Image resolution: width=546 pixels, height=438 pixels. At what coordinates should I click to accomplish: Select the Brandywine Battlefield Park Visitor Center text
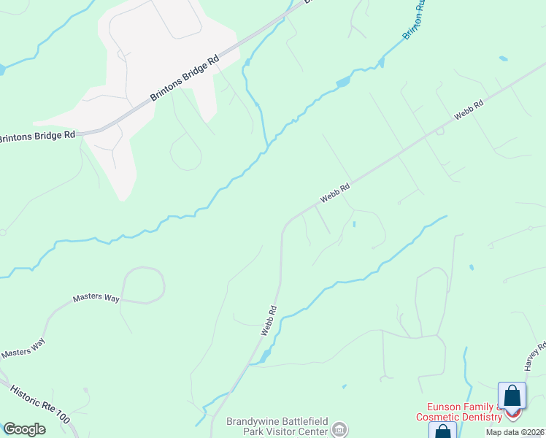pos(277,426)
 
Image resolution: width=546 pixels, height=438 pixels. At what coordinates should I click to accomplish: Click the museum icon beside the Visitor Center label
pos(339,429)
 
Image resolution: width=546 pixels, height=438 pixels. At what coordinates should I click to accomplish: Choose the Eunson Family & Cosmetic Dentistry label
pos(459,412)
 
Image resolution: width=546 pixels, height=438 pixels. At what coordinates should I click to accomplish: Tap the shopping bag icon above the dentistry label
pos(512,396)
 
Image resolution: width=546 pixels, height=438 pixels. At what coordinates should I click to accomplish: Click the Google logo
pos(24,429)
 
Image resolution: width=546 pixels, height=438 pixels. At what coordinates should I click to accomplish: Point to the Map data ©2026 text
pos(515,432)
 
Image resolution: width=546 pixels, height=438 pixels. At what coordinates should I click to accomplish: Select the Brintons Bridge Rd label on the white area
pos(185,80)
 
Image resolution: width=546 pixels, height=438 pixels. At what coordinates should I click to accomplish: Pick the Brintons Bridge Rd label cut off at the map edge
pos(36,137)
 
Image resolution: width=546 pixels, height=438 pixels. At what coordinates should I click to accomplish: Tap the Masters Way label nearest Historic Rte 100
pos(23,348)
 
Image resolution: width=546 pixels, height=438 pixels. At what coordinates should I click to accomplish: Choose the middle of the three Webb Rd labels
pos(335,193)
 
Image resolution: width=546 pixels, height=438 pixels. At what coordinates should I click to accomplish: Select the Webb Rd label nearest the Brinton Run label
pos(469,110)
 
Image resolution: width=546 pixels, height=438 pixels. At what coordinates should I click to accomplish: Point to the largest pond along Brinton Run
pos(341,82)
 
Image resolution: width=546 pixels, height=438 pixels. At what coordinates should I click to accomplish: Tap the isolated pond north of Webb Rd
pos(503,58)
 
